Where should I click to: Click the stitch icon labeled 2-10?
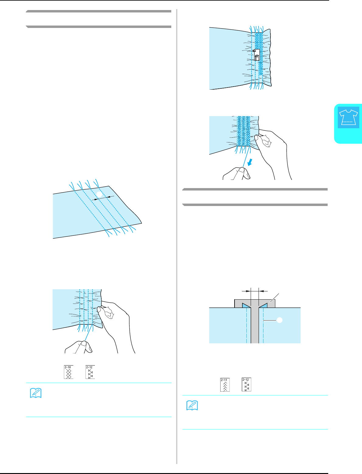click(x=68, y=372)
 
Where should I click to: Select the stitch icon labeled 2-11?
click(x=225, y=385)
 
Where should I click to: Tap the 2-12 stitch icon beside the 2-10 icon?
click(x=90, y=372)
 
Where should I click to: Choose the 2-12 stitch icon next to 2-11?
click(x=247, y=385)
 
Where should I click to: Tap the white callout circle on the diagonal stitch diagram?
click(x=98, y=194)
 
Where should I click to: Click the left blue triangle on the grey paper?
click(x=246, y=306)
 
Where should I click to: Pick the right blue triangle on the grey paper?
click(x=263, y=306)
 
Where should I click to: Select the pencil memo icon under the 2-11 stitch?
click(x=193, y=406)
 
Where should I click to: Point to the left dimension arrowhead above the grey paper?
click(x=247, y=291)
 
